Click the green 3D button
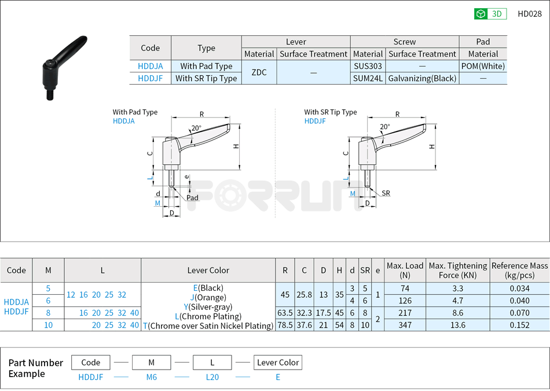pos(490,14)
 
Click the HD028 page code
pos(529,14)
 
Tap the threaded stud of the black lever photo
pos(50,93)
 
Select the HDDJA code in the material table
pos(150,66)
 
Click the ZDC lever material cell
pos(259,72)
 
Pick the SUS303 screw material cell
pos(368,66)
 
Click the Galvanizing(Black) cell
pos(422,78)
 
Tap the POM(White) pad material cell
pos(483,66)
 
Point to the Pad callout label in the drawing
pos(192,198)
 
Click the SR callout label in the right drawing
pos(386,193)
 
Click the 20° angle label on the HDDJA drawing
pos(196,128)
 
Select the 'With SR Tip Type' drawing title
pos(331,112)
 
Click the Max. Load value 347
pos(405,325)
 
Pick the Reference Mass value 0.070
pos(519,313)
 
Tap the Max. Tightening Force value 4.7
pos(457,300)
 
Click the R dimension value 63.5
pos(285,313)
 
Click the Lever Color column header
pos(208,270)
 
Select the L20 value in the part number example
pos(212,377)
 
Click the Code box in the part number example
pos(90,363)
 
